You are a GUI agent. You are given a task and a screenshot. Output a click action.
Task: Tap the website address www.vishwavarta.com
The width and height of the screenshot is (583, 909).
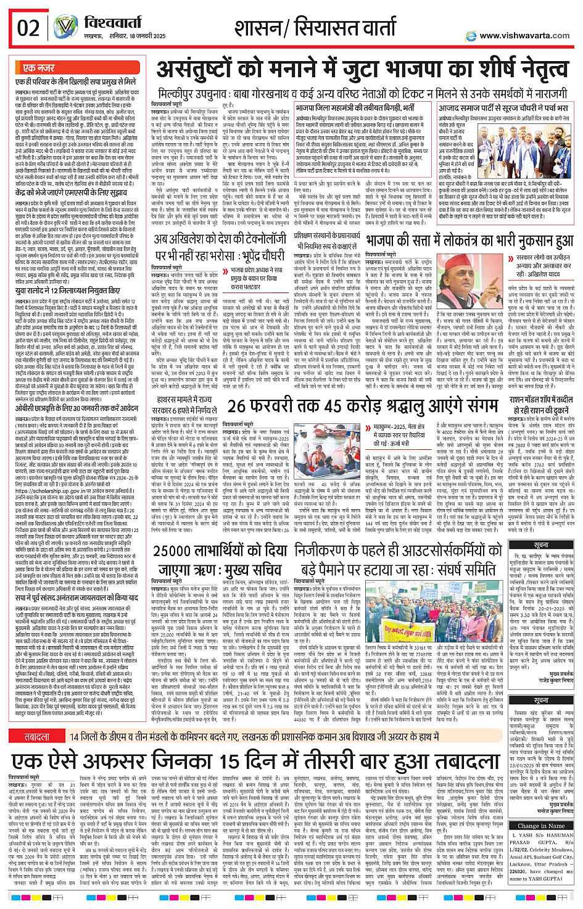tap(525, 35)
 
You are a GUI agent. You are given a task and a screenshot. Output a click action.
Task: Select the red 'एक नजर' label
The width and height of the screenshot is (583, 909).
tap(38, 67)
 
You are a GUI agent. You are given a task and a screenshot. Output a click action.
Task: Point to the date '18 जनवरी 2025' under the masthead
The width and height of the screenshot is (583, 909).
tap(147, 36)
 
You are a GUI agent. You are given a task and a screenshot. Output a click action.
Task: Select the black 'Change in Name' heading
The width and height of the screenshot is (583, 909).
tap(541, 825)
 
